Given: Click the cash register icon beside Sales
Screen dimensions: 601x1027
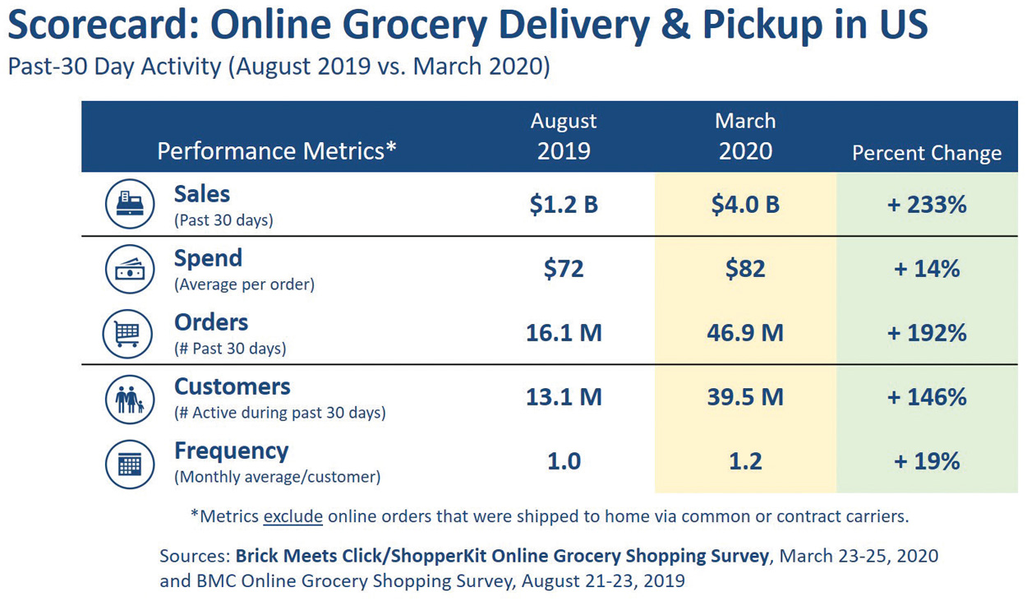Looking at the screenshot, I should [x=130, y=204].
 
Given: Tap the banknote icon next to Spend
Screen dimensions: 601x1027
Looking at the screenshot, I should [x=130, y=268].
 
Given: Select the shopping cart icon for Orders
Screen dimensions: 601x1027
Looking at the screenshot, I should [x=127, y=333].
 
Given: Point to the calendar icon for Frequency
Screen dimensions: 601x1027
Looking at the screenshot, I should [x=130, y=464].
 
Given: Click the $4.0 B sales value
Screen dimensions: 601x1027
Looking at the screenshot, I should [x=745, y=204].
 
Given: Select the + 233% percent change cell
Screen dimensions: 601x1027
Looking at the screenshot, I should [x=927, y=204].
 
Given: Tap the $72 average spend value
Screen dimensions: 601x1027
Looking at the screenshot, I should [x=564, y=268].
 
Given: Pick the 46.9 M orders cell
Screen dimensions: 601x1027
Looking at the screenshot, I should [x=745, y=333].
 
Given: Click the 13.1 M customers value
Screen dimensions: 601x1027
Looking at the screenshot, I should [x=564, y=397].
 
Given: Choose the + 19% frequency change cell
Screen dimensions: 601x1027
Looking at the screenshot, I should [x=927, y=461].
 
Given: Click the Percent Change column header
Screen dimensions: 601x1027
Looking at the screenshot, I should [x=927, y=153].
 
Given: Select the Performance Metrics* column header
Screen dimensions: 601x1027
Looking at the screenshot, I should [x=277, y=151].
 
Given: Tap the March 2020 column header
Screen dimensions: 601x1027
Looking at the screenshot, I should [x=745, y=136].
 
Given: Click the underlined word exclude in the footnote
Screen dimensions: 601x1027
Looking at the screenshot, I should [x=292, y=517].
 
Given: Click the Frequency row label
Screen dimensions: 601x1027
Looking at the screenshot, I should [x=231, y=451].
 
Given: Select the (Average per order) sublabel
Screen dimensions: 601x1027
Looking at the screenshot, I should [x=244, y=284].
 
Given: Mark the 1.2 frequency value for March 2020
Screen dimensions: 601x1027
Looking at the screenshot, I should [x=745, y=461].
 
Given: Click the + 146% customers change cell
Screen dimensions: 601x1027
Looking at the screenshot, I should [x=927, y=397].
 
